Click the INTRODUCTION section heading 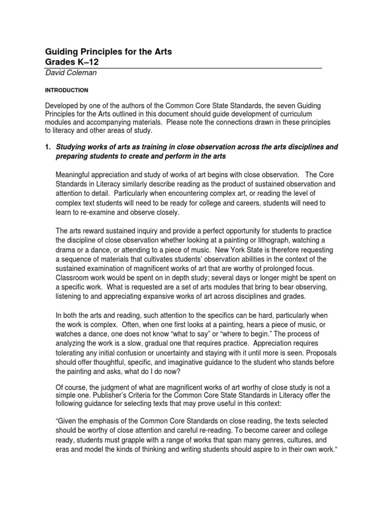[67, 91]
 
